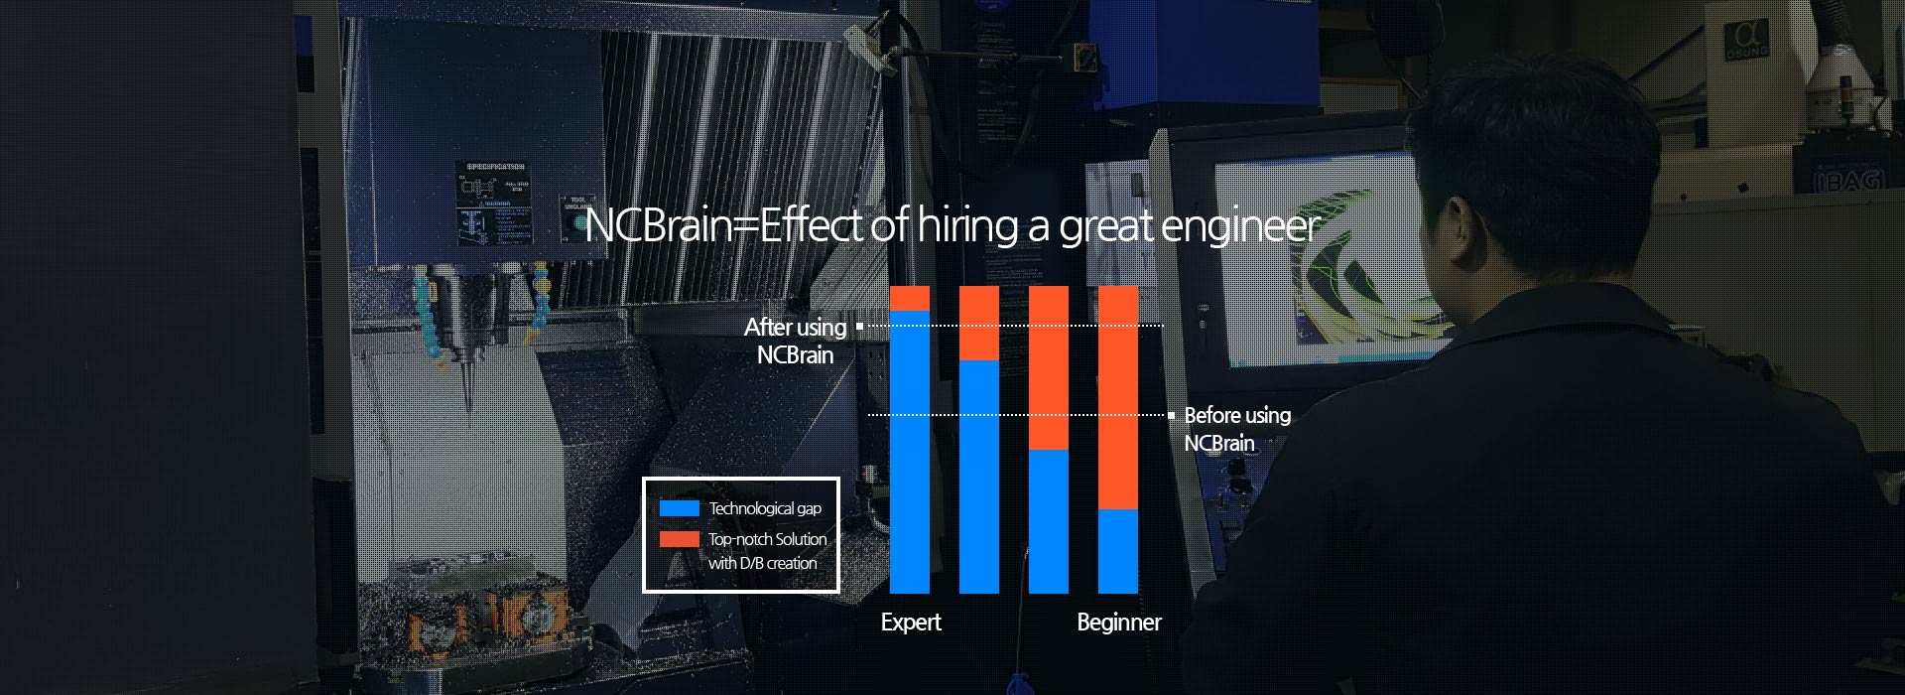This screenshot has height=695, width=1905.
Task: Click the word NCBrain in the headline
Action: [x=658, y=225]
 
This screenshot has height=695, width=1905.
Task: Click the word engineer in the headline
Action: [x=1240, y=227]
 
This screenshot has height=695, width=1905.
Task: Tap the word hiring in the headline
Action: [x=968, y=226]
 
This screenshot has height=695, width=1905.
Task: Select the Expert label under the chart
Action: [x=911, y=623]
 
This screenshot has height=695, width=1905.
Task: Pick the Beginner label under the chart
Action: [x=1119, y=623]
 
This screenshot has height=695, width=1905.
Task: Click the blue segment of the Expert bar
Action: [x=910, y=452]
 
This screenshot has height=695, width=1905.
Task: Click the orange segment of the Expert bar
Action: [x=910, y=299]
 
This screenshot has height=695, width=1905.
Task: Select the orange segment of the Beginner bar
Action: [x=1118, y=397]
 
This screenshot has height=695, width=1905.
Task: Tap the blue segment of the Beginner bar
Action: [x=1118, y=551]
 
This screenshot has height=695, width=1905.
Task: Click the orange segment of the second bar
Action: [x=979, y=323]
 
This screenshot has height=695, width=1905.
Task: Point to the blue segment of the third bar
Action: [x=1049, y=521]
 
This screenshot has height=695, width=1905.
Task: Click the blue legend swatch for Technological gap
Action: [x=680, y=508]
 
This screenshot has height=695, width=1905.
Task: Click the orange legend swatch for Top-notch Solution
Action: [x=680, y=539]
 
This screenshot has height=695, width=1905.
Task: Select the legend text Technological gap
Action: [x=765, y=508]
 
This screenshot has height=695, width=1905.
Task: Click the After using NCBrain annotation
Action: [x=796, y=341]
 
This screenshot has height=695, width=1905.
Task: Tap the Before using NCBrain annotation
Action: [x=1237, y=429]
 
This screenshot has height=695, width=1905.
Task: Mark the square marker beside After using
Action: [x=859, y=326]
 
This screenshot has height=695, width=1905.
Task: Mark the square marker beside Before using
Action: [x=1172, y=415]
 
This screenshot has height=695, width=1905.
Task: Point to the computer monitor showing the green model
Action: [x=1320, y=258]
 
